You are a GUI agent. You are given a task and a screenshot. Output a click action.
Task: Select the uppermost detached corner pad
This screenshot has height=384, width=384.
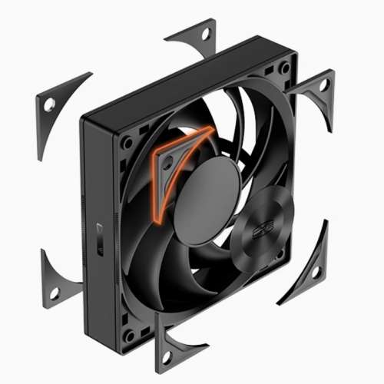pyautogui.click(x=195, y=42)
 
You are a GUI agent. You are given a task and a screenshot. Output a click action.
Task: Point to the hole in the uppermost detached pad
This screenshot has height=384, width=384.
pyautogui.click(x=207, y=35)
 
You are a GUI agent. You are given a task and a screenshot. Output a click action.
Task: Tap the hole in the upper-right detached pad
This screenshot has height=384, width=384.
pyautogui.click(x=323, y=82)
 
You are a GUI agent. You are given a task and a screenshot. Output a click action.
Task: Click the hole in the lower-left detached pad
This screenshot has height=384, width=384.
pyautogui.click(x=54, y=293)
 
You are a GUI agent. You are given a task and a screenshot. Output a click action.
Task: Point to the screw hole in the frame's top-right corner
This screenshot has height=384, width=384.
pyautogui.click(x=285, y=68)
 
